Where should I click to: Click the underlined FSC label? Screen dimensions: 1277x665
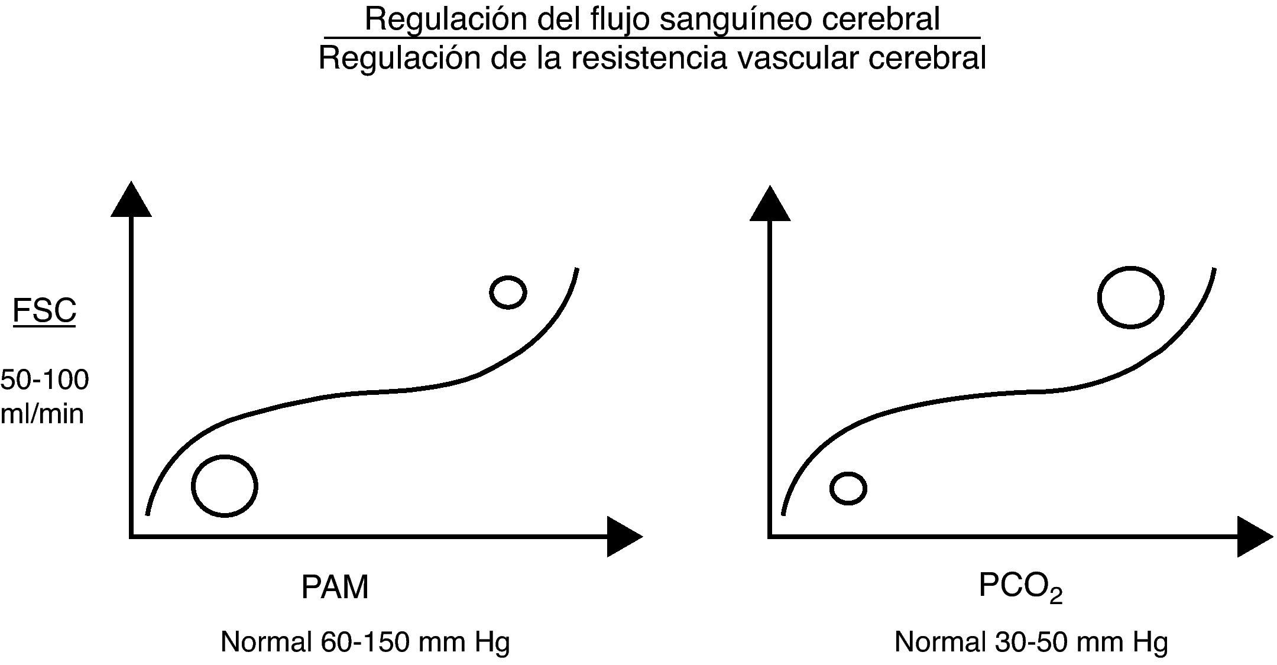tap(44, 310)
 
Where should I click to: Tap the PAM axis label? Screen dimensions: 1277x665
tap(335, 587)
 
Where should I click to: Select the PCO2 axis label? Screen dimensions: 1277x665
tap(1020, 587)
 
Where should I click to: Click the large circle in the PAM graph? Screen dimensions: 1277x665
tap(225, 486)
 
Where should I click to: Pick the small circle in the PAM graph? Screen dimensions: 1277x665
tap(508, 292)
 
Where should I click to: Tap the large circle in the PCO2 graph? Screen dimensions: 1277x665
tap(1130, 297)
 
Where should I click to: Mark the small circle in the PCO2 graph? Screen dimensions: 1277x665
tap(848, 488)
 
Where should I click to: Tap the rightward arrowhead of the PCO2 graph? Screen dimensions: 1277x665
tap(1254, 537)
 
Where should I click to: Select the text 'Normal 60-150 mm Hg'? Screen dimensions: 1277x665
tap(365, 642)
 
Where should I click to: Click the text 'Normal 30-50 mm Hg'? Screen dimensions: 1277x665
tap(1031, 642)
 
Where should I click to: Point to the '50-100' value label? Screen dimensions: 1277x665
tap(45, 380)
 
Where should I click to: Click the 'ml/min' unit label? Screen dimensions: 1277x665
tap(42, 414)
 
